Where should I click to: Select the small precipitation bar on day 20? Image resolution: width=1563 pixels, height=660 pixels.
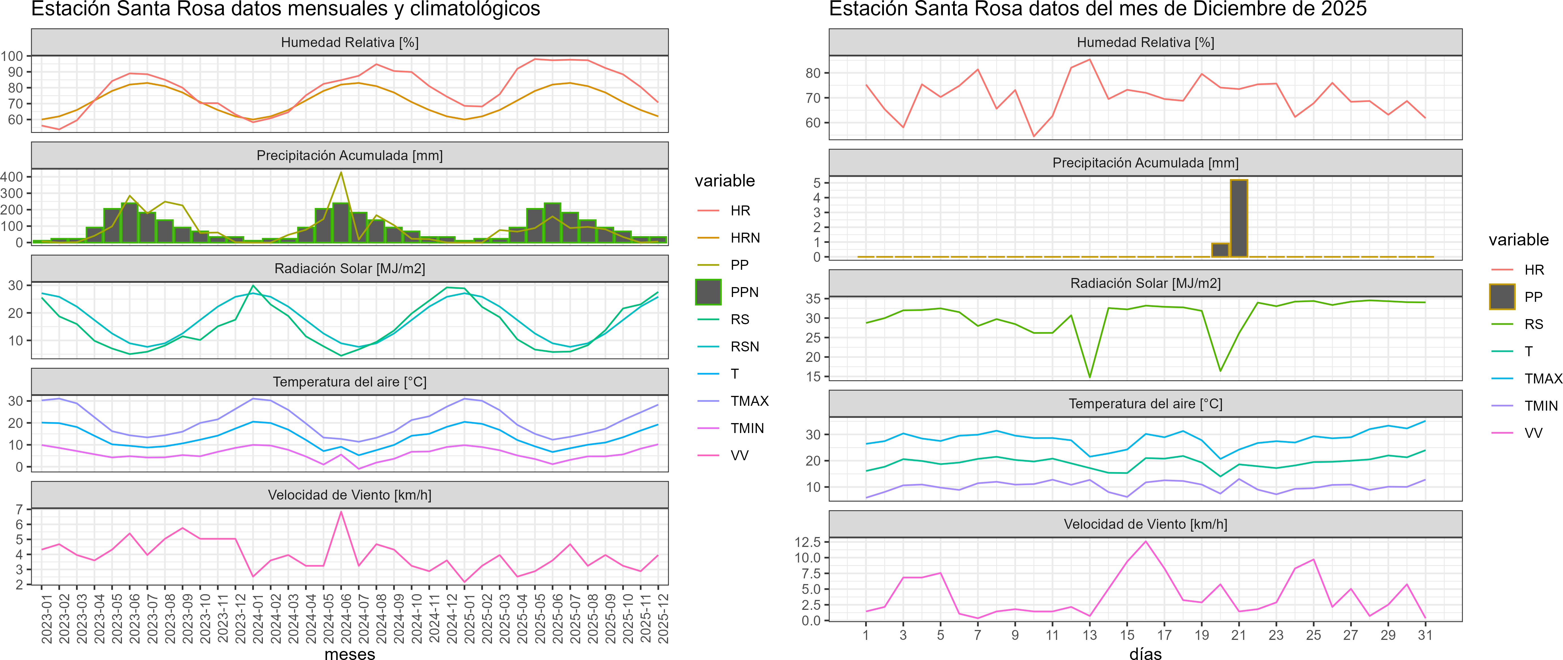tap(1220, 250)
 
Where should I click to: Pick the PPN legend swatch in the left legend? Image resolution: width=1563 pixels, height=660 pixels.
tap(708, 292)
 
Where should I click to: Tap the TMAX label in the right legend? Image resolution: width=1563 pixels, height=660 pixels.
tap(1543, 379)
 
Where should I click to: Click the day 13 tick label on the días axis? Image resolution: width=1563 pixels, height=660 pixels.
tap(1090, 635)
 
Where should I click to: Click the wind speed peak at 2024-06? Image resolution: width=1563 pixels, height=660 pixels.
tap(341, 512)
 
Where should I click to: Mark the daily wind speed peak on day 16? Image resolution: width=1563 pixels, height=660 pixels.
tap(1146, 541)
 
